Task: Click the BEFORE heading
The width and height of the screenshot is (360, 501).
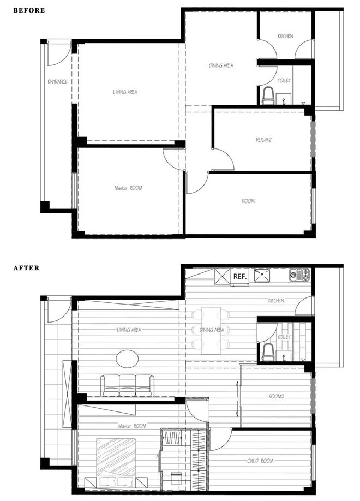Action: [x=29, y=10]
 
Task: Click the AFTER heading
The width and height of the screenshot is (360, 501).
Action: [x=27, y=268]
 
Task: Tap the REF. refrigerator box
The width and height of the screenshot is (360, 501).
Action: [x=239, y=277]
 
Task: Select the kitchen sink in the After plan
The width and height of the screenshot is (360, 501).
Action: [x=262, y=276]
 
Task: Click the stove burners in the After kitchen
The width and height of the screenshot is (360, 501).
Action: [x=299, y=275]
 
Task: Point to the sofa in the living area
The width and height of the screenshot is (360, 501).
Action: [x=127, y=386]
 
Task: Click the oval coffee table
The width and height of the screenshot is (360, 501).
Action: [x=127, y=359]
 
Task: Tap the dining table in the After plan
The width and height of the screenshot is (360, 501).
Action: [x=211, y=331]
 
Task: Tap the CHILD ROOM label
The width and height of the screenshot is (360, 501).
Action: [x=260, y=461]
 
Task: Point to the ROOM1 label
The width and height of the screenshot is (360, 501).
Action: [x=249, y=201]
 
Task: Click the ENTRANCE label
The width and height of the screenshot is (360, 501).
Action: [x=57, y=81]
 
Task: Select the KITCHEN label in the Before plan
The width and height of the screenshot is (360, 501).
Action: [x=285, y=37]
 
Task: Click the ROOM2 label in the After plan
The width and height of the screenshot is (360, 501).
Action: [x=277, y=396]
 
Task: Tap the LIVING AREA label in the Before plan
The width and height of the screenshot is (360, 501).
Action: [x=125, y=92]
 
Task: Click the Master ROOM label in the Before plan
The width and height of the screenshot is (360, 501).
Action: [x=128, y=188]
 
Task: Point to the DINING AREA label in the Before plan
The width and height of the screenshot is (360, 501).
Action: [x=221, y=65]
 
